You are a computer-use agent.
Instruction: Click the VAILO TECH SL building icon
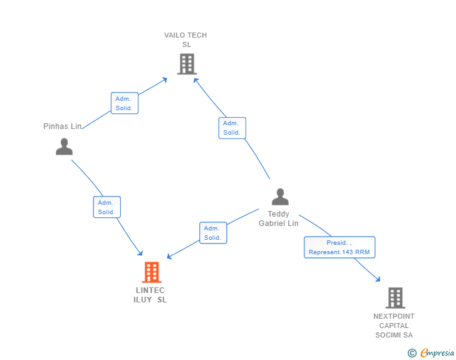click(x=187, y=64)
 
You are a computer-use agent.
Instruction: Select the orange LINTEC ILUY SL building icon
click(x=152, y=272)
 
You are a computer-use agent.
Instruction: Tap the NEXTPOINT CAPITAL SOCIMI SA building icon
click(x=395, y=298)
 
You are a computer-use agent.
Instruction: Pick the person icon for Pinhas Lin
click(x=65, y=147)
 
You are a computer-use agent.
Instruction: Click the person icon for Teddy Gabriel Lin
click(x=280, y=197)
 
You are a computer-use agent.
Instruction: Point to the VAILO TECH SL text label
click(x=185, y=40)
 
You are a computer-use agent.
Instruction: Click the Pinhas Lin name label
click(x=63, y=126)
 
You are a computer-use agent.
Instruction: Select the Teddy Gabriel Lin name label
click(x=279, y=219)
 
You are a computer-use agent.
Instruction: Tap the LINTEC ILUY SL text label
click(x=150, y=295)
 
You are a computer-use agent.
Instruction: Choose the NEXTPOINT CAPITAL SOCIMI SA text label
click(x=394, y=326)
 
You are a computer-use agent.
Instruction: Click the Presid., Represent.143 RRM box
click(x=339, y=247)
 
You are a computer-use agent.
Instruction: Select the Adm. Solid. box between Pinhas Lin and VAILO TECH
click(x=125, y=103)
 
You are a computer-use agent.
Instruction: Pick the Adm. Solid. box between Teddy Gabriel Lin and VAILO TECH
click(x=232, y=128)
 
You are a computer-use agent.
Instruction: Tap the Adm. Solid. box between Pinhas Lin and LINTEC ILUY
click(x=106, y=207)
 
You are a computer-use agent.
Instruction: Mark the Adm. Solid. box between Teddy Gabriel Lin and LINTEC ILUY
click(x=213, y=233)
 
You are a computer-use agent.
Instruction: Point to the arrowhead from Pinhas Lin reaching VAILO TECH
click(x=165, y=80)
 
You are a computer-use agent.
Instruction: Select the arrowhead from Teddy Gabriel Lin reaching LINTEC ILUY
click(x=169, y=256)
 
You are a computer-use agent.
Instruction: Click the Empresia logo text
click(x=437, y=352)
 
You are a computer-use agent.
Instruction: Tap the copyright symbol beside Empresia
click(x=412, y=353)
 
